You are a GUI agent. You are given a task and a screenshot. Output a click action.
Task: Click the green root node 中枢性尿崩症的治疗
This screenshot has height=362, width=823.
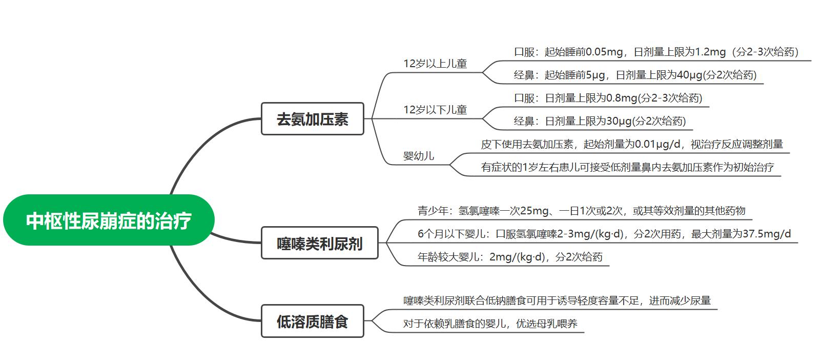[109, 220]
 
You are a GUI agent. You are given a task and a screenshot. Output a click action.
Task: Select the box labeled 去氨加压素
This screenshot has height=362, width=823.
[312, 119]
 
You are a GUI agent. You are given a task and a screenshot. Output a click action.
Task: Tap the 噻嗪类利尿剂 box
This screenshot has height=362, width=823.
[319, 243]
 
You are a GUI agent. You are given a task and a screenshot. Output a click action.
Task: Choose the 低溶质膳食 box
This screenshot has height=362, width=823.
[312, 321]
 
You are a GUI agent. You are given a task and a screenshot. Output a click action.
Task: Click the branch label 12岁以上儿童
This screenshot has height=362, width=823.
[435, 64]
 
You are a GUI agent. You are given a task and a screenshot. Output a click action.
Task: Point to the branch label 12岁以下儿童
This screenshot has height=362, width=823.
[435, 110]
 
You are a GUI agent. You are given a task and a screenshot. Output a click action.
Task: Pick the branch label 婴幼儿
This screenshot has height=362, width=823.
[419, 156]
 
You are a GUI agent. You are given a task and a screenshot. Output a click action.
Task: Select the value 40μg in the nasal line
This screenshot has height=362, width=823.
[689, 75]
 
